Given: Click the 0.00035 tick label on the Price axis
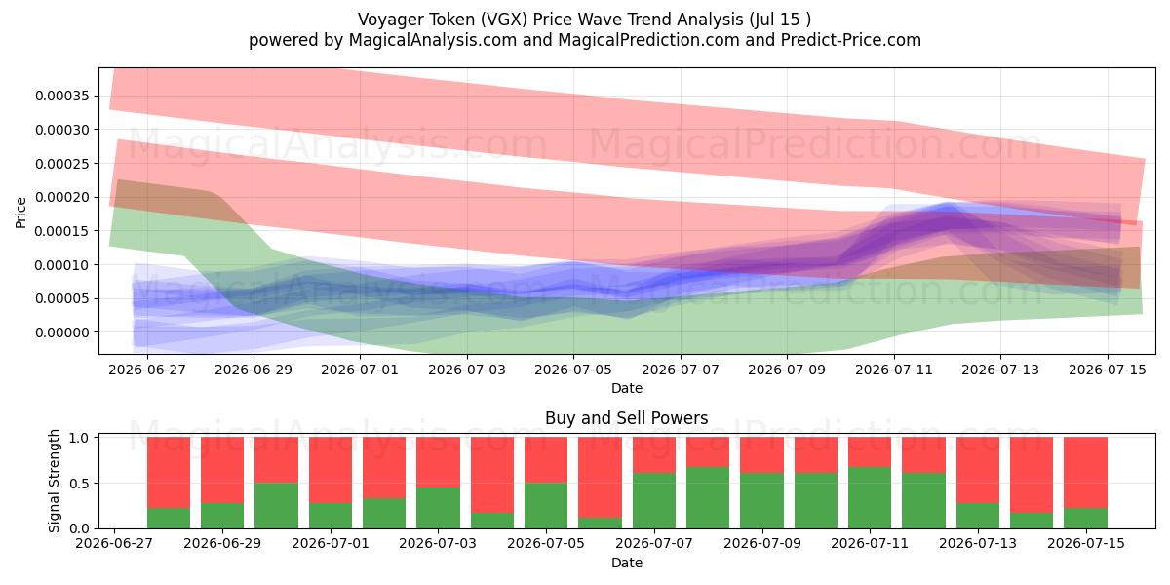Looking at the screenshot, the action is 62,97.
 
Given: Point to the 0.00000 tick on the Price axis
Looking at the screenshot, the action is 62,332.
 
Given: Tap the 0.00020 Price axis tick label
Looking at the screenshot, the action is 62,197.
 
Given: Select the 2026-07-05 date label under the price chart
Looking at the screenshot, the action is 573,370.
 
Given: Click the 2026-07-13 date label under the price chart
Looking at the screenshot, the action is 1000,370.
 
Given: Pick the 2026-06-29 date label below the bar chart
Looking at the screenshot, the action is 222,543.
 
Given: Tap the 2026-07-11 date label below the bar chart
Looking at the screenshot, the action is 870,543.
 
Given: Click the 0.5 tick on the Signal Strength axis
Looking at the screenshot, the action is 80,484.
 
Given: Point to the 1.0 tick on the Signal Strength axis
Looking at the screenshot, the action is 80,438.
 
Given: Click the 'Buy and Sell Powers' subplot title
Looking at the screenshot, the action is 627,418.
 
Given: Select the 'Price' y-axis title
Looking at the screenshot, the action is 20,213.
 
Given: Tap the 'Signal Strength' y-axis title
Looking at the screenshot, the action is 54,481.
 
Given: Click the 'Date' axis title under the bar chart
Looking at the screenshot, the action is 627,563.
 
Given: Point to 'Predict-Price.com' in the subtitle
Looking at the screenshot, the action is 851,40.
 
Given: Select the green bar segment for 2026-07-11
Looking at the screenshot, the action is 870,498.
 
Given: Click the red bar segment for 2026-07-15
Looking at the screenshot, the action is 1085,473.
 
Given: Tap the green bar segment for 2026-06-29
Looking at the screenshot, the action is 222,516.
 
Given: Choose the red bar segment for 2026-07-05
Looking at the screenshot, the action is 546,460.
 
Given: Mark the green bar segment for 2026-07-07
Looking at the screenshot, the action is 654,501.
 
